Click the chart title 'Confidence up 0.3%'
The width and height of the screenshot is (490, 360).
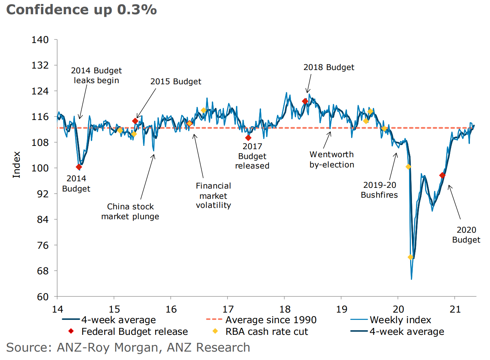tap(82, 10)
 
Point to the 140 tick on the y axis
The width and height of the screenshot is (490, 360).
tap(40, 39)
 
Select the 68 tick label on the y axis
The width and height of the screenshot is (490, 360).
tap(40, 271)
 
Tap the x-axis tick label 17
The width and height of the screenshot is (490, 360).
tap(228, 309)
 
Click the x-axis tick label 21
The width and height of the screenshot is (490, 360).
tap(455, 309)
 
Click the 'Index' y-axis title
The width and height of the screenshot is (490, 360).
tap(16, 165)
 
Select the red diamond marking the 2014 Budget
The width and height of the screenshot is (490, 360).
tap(79, 167)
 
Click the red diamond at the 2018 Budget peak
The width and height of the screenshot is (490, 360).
tap(305, 101)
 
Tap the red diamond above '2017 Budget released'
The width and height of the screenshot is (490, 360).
tap(248, 138)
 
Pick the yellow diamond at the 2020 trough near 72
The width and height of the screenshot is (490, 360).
tap(411, 257)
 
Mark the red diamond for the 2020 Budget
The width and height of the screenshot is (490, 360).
tap(442, 175)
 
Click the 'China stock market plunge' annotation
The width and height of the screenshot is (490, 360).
tap(130, 212)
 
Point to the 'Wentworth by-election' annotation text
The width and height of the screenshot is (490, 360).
tap(332, 160)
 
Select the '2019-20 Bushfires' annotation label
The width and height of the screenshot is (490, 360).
tap(379, 190)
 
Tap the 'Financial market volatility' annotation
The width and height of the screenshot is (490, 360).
tap(213, 196)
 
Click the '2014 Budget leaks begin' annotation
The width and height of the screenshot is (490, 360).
tap(96, 76)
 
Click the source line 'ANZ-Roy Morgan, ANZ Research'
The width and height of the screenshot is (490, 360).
tap(128, 348)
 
